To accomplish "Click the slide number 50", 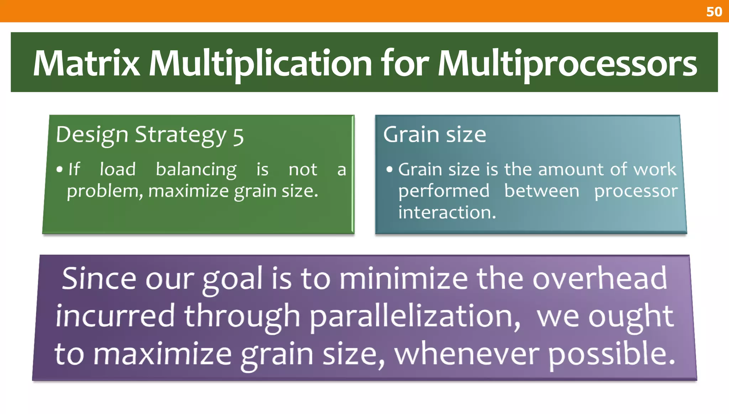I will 714,12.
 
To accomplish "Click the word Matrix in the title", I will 86,63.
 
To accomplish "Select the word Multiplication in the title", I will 260,63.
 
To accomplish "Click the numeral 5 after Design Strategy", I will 238,137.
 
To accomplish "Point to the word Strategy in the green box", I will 181,135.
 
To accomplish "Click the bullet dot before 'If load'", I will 59,169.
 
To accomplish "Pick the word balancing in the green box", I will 196,170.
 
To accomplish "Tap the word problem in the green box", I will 104,192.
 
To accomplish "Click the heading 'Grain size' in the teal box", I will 435,134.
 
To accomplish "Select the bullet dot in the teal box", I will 389,169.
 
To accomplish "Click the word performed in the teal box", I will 444,191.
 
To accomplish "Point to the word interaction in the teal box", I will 446,213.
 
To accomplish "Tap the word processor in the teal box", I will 636,191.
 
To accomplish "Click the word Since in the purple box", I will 98,278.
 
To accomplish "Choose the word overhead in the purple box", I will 599,278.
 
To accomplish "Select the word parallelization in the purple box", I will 414,317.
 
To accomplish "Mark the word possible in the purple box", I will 611,354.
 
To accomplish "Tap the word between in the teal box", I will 542,191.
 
